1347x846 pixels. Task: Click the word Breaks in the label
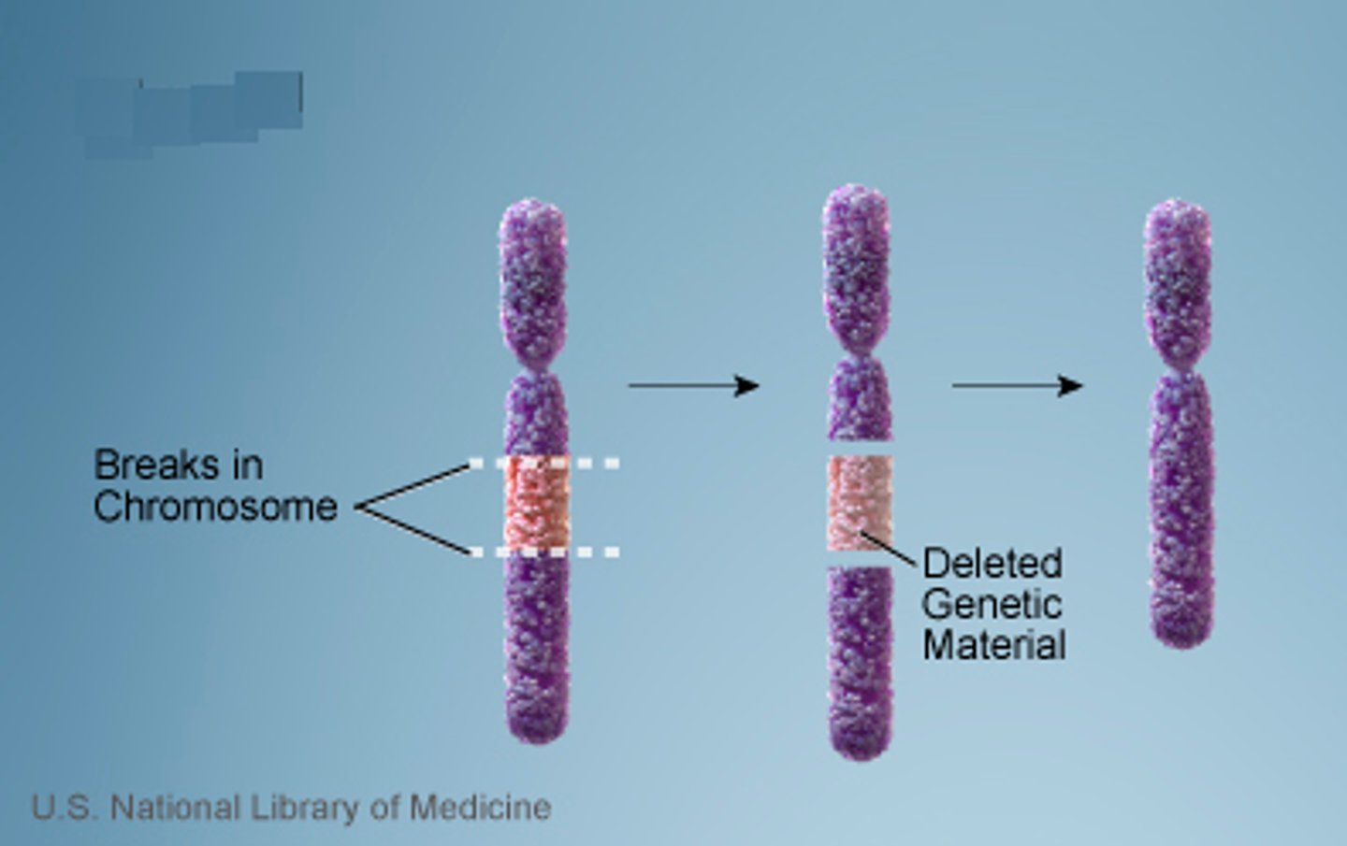tap(178, 465)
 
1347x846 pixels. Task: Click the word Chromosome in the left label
tap(215, 507)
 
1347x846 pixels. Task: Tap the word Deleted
tap(992, 564)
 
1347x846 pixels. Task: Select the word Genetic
tap(992, 604)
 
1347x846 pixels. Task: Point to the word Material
tap(993, 645)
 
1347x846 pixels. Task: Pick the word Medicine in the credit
tap(480, 807)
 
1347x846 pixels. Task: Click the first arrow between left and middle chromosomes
tap(692, 385)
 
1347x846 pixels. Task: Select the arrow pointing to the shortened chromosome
tap(1017, 385)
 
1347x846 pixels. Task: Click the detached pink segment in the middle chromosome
tap(859, 503)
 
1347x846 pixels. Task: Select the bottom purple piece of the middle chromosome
tap(860, 659)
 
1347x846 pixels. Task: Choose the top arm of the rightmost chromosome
tap(1178, 280)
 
